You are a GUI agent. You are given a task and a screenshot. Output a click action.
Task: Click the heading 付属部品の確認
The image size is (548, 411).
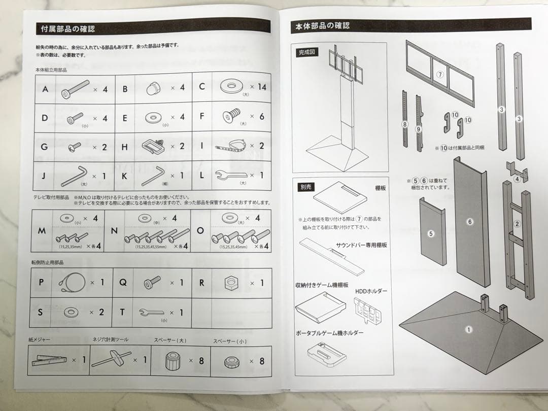point(68,28)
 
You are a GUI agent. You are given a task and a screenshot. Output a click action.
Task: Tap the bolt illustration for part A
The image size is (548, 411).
point(75,89)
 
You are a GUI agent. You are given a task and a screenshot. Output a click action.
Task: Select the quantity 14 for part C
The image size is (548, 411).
point(262,87)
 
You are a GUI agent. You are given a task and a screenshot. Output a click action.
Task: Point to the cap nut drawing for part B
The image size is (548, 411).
point(154,88)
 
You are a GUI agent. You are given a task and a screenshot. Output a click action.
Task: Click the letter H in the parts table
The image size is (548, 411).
point(125,147)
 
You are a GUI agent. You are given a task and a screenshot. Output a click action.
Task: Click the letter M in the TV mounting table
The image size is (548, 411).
point(42,231)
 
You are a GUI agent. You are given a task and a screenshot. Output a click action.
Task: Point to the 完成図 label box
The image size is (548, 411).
point(307,52)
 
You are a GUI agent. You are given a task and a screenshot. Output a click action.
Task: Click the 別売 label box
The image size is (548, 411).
point(306,187)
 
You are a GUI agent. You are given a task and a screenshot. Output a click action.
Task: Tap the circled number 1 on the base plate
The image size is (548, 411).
point(468,329)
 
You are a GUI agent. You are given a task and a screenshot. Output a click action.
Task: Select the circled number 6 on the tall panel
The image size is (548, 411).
point(470,222)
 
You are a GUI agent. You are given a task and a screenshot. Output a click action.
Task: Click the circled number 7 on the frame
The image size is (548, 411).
point(440,74)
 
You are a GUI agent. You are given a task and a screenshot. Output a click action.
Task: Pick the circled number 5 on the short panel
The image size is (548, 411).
point(431,234)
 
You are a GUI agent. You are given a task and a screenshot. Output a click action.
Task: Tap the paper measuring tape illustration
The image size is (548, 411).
point(49,360)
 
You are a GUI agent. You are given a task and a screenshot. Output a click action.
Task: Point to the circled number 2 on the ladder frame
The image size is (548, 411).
point(517,224)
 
